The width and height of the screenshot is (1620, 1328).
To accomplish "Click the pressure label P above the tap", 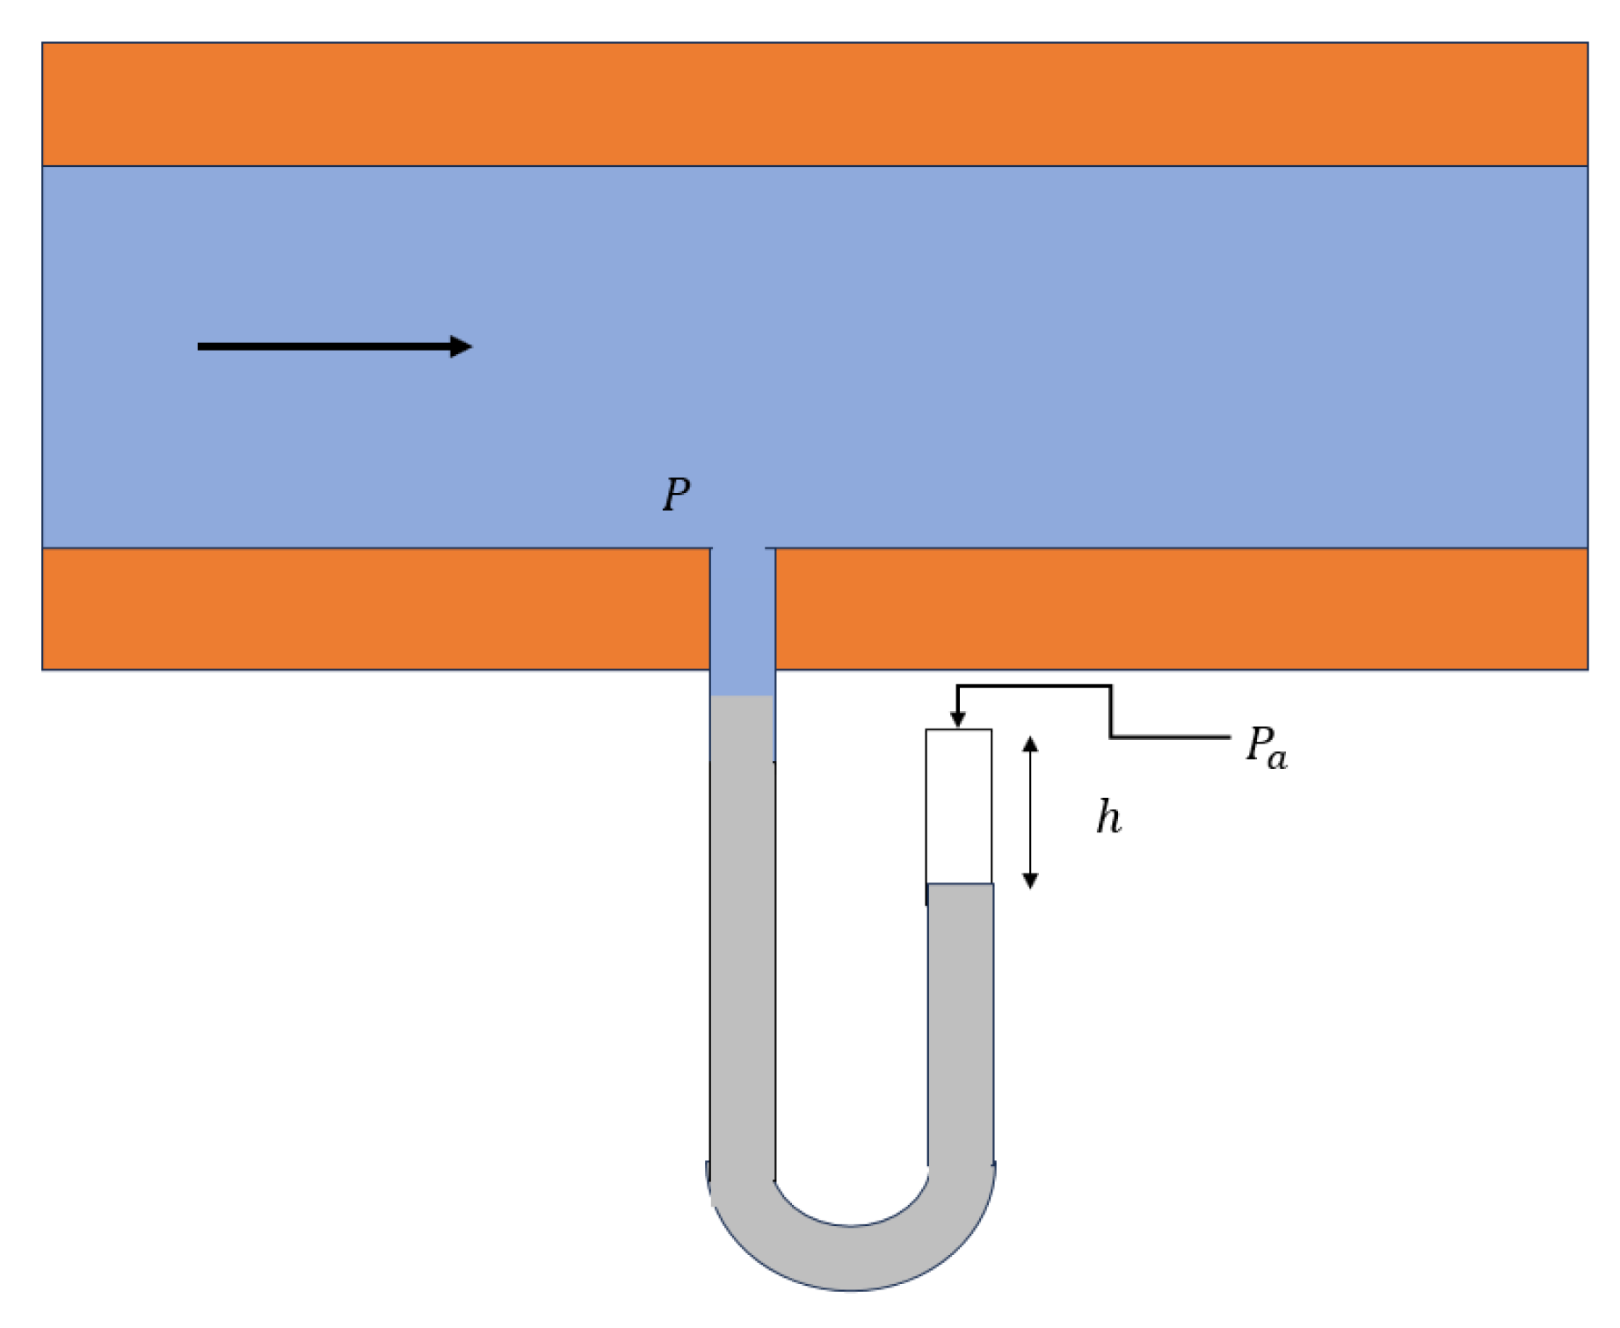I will [676, 495].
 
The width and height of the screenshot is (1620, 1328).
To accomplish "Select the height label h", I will [1108, 817].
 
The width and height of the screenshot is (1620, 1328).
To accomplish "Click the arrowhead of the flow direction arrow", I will [461, 346].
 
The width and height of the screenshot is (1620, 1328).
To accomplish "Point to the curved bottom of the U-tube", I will [851, 1257].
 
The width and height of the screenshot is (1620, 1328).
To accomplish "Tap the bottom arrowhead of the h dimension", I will [1030, 881].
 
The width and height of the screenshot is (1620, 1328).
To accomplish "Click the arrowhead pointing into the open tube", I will [958, 719].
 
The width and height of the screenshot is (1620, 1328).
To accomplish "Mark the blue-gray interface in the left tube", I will [743, 696].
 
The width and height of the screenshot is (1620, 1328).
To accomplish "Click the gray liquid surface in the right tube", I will [961, 884].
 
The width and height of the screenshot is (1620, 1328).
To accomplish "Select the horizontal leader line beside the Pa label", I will [1169, 737].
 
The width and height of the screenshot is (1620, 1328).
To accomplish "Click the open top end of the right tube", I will [959, 730].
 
